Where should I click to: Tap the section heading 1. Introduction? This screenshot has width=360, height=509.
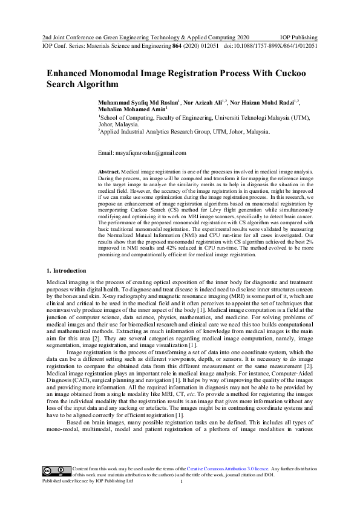(67, 270)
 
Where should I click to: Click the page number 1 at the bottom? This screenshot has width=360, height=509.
(182, 482)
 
